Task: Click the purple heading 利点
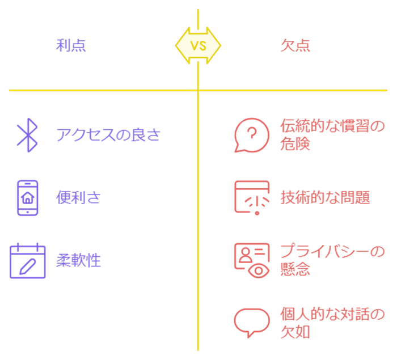point(71,45)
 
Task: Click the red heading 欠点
point(295,45)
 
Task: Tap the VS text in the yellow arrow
point(198,45)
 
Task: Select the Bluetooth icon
point(27,135)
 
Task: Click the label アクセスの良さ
point(108,135)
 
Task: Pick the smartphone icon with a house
point(27,198)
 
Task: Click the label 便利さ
point(78,198)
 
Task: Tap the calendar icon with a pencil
point(27,261)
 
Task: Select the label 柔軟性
point(78,261)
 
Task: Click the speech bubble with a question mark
point(251,135)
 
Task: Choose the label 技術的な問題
point(325,198)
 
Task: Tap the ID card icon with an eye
point(252,260)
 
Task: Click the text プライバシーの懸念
point(332,260)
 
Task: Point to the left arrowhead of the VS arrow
point(180,45)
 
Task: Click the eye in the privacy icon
point(259,270)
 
